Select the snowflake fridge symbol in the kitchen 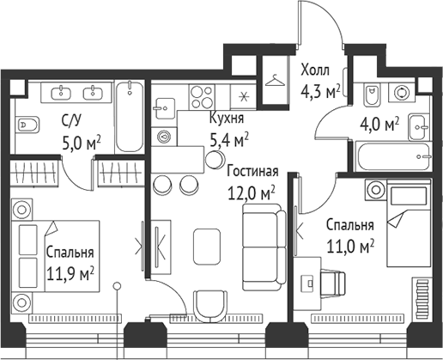coord(244,95)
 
